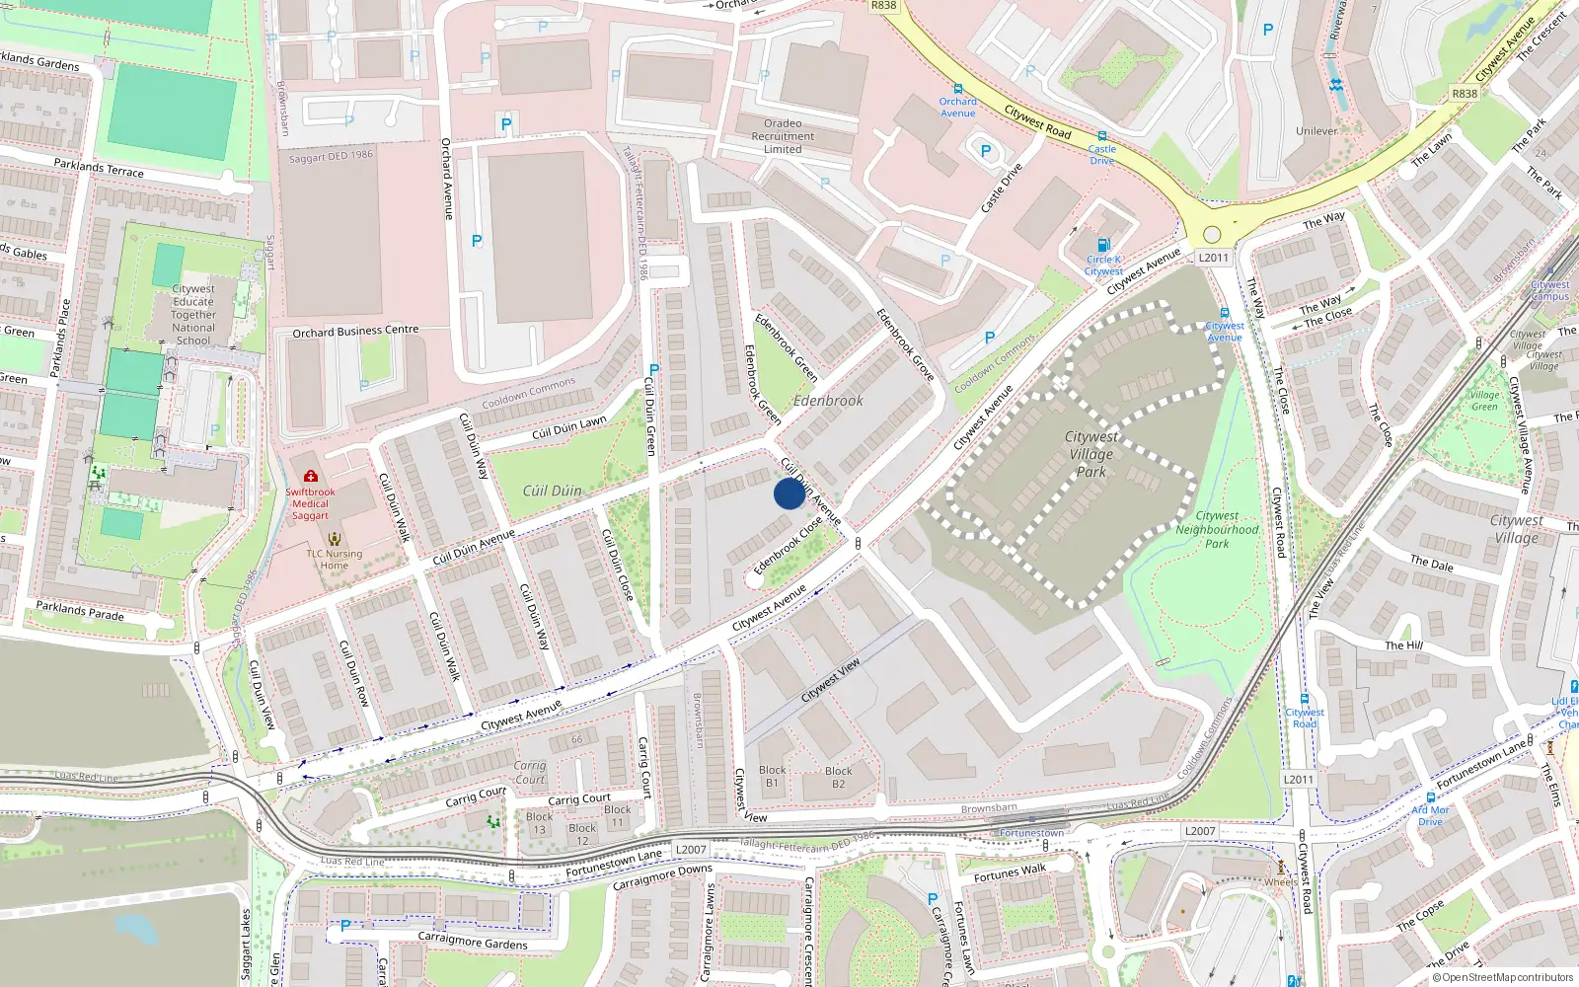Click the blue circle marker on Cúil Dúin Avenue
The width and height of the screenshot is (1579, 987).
pos(789,493)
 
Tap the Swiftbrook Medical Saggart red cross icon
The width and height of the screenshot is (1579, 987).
pos(311,476)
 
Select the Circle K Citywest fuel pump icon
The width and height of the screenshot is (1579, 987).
pos(1103,245)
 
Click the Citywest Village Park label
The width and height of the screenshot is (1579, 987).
pos(1091,454)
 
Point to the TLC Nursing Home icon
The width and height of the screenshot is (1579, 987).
pos(335,539)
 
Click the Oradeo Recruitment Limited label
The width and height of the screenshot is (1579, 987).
pos(783,136)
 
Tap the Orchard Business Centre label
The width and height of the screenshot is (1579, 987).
pos(355,332)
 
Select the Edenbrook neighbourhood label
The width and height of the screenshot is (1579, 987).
pos(828,401)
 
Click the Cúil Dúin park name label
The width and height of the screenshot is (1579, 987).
pos(552,491)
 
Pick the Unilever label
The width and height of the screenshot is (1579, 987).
pos(1316,130)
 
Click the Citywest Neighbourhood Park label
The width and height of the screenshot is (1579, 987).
pos(1217,529)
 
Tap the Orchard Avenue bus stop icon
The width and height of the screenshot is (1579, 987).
pos(957,89)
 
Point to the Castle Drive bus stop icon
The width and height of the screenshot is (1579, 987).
pos(1102,136)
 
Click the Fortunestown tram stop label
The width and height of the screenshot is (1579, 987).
pos(1031,833)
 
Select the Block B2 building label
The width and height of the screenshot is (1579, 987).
pos(838,777)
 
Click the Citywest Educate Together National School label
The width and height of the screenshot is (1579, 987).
pos(193,314)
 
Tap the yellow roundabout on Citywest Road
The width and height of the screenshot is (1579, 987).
pos(1212,235)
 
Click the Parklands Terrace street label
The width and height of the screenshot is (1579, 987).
pos(99,168)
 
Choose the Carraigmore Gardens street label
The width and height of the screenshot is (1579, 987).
pos(472,942)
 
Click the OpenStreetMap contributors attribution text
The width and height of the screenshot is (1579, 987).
pos(1503,977)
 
